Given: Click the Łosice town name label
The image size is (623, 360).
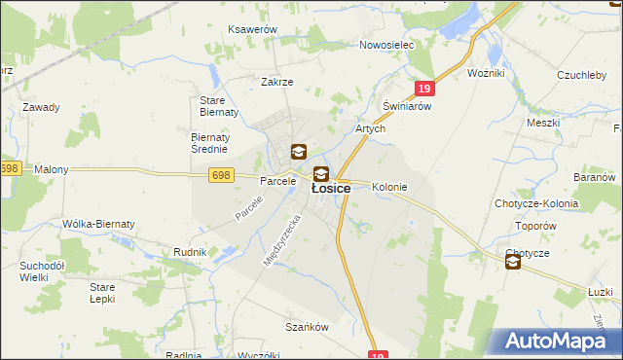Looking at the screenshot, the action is [x=331, y=190].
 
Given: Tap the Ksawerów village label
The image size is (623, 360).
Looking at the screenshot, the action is [x=252, y=30].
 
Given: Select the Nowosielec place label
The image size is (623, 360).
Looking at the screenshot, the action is [x=386, y=45].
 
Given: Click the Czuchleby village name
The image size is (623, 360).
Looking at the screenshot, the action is [x=581, y=75].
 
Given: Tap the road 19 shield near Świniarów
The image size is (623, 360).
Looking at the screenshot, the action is [x=422, y=89].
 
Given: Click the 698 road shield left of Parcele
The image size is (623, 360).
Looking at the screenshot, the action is [x=219, y=174].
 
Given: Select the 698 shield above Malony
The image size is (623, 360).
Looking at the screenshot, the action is [x=10, y=168].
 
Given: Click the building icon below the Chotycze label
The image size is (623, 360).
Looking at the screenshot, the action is [x=513, y=261].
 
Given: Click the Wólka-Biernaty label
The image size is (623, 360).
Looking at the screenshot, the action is [x=98, y=224].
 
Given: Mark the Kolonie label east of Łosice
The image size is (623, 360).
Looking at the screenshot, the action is [x=389, y=187].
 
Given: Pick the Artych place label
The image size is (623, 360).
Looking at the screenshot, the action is [x=371, y=128].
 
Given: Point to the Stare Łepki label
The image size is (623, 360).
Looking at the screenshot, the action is [x=102, y=293].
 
